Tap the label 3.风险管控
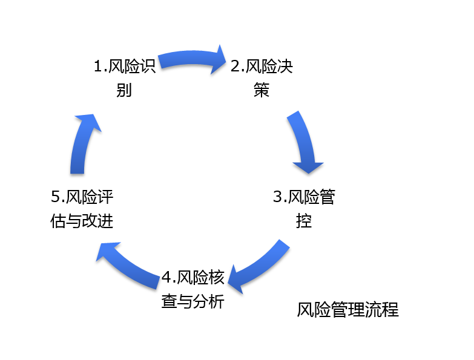coord(304,209)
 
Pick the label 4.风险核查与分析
coord(193,290)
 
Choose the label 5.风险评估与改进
coord(82,209)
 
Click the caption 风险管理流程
coord(347,310)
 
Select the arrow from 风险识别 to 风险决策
coord(191,57)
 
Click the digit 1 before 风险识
coord(98,66)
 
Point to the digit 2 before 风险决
coord(235,66)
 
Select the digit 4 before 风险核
coord(167,278)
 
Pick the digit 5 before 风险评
coord(56,197)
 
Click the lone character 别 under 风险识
coord(124,91)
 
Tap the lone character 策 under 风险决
coord(262,91)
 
